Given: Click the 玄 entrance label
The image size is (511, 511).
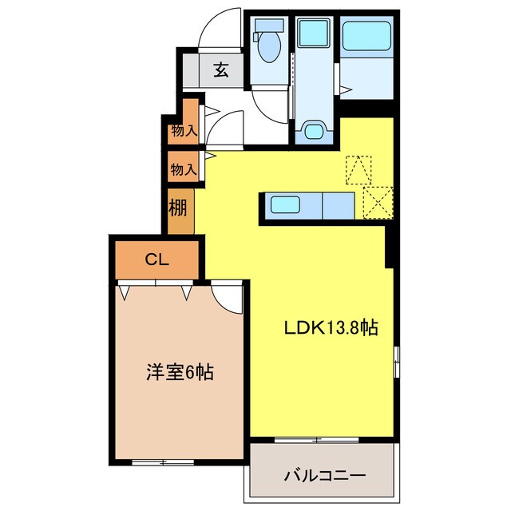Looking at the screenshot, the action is [221, 69].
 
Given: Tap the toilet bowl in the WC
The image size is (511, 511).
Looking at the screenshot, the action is [270, 47].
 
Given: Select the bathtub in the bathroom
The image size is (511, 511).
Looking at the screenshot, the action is [366, 36].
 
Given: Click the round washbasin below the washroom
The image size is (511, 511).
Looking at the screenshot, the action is [314, 131].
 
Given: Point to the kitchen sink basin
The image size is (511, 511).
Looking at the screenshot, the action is [285, 204].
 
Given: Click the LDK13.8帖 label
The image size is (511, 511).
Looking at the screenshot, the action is [331, 328].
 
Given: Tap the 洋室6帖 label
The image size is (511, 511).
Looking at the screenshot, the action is [180, 372].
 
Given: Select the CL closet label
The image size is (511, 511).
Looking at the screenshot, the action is [157, 259].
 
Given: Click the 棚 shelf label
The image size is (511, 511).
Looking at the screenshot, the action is [177, 208].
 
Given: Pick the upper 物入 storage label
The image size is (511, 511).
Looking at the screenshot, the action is [184, 131].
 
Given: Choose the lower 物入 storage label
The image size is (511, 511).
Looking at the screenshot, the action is [184, 169].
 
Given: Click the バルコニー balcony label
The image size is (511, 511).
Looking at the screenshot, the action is [325, 476].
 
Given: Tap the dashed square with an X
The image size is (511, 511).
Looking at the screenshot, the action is [378, 203].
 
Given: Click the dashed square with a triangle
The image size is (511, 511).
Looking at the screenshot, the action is [358, 170].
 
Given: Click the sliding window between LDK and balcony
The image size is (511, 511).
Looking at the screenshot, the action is [316, 440].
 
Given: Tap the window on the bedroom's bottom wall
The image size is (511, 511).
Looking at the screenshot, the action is [163, 461].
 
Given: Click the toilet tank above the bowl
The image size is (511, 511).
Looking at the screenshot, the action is [269, 25].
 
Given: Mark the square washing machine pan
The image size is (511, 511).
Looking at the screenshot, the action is [314, 33].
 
